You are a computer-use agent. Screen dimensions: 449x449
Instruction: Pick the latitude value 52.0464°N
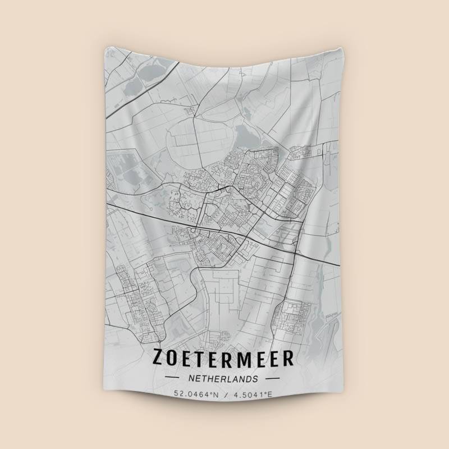pos(196,394)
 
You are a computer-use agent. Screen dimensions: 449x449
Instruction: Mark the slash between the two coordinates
pos(224,394)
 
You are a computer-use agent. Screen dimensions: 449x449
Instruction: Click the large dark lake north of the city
pos(245,135)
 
